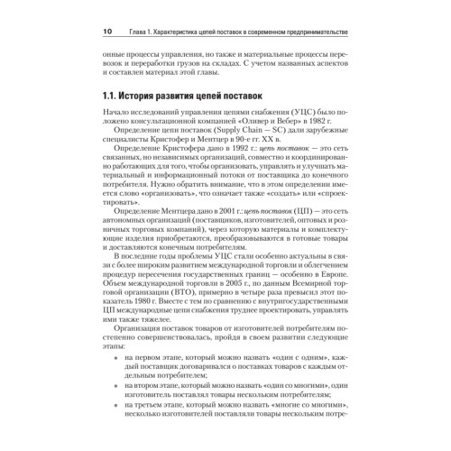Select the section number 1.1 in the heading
pos(114,95)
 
